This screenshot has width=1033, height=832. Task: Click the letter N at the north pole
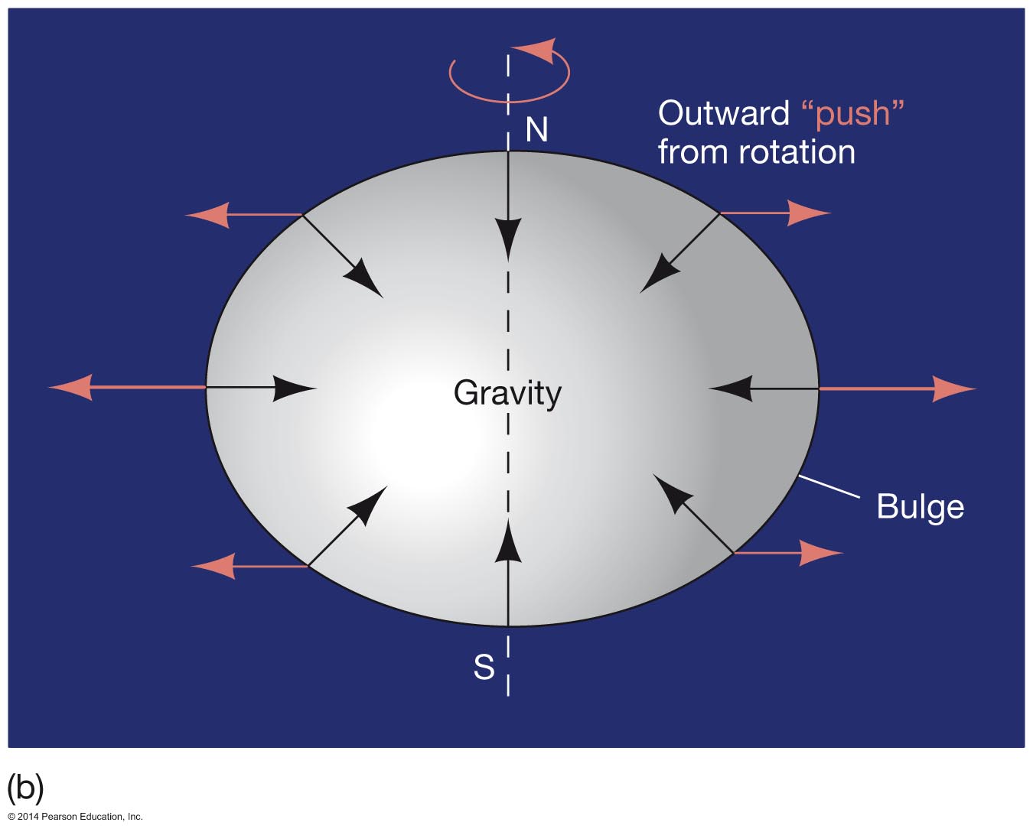(536, 130)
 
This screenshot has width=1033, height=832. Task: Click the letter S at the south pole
(484, 668)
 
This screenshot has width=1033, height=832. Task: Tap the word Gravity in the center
(507, 393)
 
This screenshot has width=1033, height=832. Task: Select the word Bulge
(920, 506)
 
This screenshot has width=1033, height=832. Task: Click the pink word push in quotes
(852, 113)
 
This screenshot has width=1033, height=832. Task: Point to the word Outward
(723, 113)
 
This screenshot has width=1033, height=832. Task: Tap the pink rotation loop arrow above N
(510, 72)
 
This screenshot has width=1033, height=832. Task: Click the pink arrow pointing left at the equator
(126, 387)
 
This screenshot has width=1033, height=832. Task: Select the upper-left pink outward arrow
(243, 214)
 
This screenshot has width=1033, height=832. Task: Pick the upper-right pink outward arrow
(774, 213)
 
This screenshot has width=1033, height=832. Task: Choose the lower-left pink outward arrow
(249, 566)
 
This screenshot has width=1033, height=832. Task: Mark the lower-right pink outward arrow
(787, 552)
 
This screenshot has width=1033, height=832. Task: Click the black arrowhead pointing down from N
(508, 238)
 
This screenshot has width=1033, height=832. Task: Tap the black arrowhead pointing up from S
(508, 539)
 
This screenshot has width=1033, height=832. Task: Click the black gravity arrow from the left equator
(260, 388)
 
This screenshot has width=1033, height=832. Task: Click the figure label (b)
(25, 787)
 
